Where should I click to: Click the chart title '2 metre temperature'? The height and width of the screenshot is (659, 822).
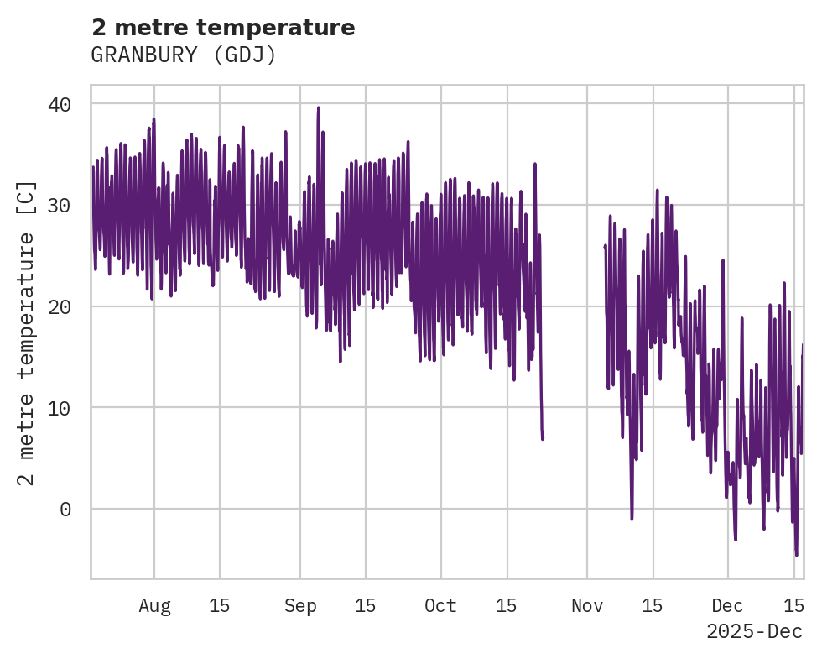[223, 28]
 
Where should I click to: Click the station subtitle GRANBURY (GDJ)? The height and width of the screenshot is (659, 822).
[184, 55]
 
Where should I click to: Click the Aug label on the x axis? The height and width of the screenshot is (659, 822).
[154, 605]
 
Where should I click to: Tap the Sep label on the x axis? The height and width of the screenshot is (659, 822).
[300, 605]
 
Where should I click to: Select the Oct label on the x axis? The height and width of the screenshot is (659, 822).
[440, 605]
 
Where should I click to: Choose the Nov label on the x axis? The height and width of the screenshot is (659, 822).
[587, 605]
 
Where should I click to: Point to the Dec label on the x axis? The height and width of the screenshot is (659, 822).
[727, 605]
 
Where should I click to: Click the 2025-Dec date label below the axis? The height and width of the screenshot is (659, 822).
[754, 631]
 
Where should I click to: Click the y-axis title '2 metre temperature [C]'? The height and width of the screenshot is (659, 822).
[26, 332]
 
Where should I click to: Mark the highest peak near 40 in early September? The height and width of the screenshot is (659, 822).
[319, 107]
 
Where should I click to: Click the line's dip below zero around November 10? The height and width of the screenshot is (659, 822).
[632, 519]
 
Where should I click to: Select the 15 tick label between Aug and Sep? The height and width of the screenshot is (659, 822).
[220, 605]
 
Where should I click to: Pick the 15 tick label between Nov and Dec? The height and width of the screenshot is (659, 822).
[653, 605]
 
